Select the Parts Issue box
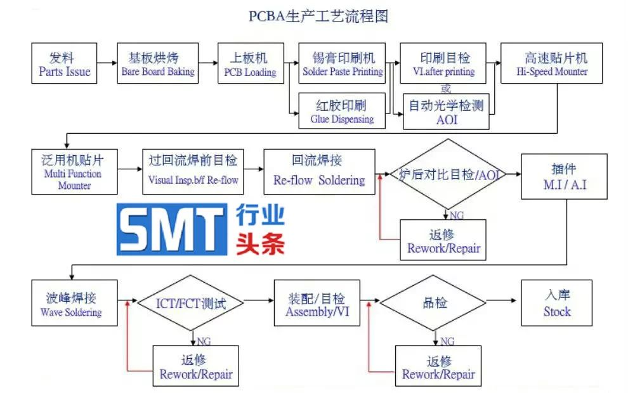pyautogui.click(x=65, y=63)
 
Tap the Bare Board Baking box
pyautogui.click(x=158, y=63)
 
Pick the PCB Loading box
pyautogui.click(x=251, y=63)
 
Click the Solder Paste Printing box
pyautogui.click(x=342, y=63)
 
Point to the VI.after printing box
pyautogui.click(x=443, y=63)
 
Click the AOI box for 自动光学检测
pyautogui.click(x=446, y=112)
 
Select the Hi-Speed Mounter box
pyautogui.click(x=551, y=63)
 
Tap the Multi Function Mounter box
pyautogui.click(x=74, y=172)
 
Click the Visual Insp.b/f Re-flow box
pyautogui.click(x=193, y=172)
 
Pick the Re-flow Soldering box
pyautogui.click(x=319, y=172)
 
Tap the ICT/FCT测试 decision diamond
pyautogui.click(x=191, y=302)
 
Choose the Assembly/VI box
pyautogui.click(x=315, y=302)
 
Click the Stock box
pyautogui.click(x=556, y=302)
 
